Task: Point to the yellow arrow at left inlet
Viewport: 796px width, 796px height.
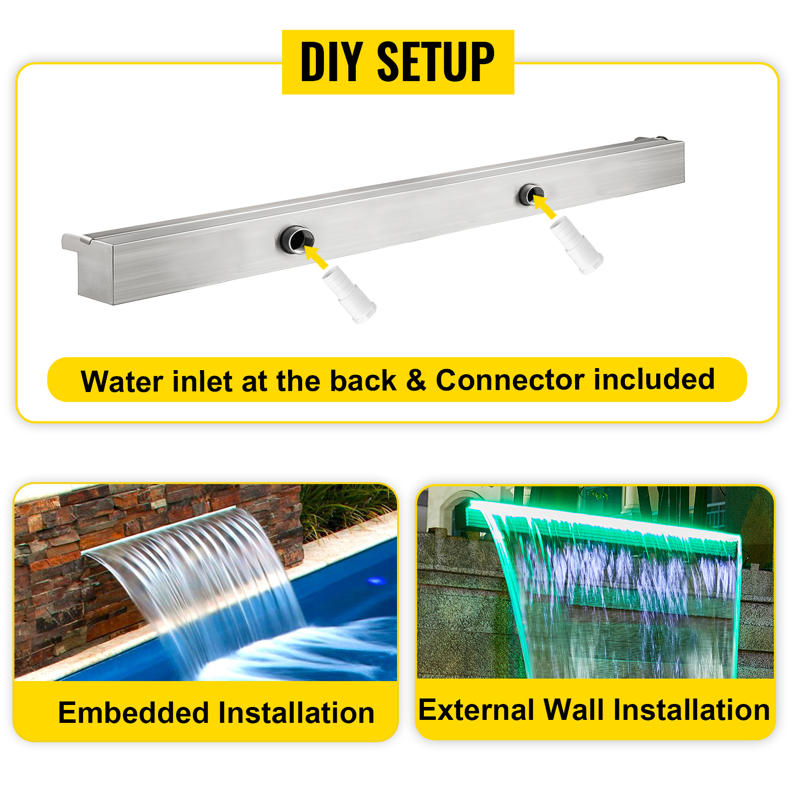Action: pos(315,256)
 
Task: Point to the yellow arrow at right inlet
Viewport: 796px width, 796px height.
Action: pos(544,207)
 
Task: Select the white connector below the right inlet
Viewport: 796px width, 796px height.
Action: pos(577,244)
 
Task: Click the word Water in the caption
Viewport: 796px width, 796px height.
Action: pos(122,382)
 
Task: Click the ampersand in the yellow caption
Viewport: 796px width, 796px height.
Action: pos(416,381)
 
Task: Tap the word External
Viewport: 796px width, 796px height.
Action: pos(476,710)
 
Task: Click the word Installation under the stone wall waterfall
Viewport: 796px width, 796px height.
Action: pos(296,713)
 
